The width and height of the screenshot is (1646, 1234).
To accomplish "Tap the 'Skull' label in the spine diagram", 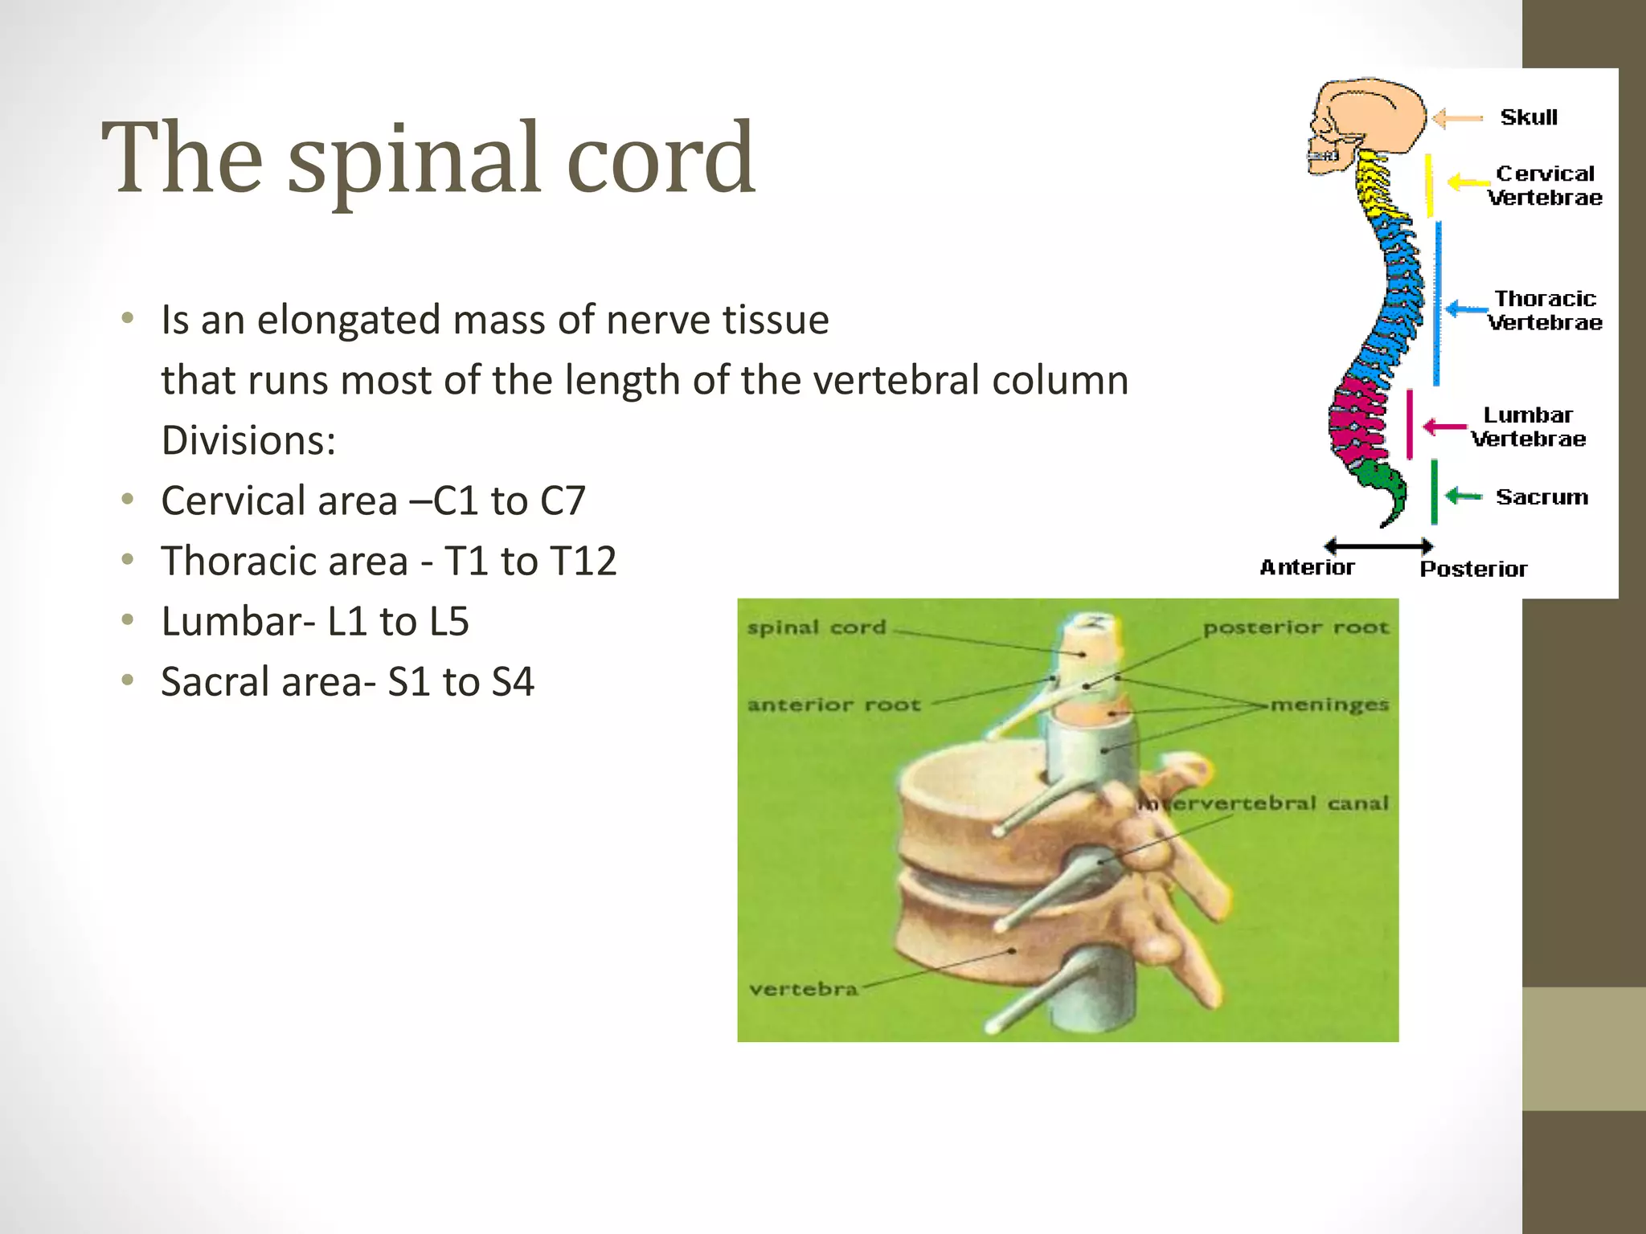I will click(x=1529, y=117).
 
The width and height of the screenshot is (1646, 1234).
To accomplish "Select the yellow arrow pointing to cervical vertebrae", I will click(x=1468, y=182).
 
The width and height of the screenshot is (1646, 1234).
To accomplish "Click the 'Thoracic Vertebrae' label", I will click(x=1544, y=310).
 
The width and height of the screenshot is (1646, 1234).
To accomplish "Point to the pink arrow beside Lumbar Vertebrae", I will click(x=1444, y=427).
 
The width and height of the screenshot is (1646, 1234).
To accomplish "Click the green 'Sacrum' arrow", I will click(x=1463, y=496).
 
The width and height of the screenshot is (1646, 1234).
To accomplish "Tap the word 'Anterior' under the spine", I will click(x=1307, y=567).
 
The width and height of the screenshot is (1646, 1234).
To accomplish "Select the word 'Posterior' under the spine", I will click(x=1473, y=569).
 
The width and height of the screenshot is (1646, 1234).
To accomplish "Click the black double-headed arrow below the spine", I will click(x=1378, y=546).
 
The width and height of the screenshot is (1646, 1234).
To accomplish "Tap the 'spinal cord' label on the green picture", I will click(x=817, y=627).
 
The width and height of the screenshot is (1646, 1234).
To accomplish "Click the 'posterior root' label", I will click(x=1296, y=627).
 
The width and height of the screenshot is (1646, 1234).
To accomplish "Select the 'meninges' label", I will click(x=1329, y=705).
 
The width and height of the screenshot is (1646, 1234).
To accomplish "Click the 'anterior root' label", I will click(x=833, y=705).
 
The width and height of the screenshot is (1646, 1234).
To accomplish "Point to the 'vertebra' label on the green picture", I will click(x=803, y=989).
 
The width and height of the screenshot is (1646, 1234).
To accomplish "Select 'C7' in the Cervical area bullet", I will click(x=563, y=501).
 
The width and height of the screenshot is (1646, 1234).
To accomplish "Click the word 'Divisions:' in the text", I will click(x=248, y=440).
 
